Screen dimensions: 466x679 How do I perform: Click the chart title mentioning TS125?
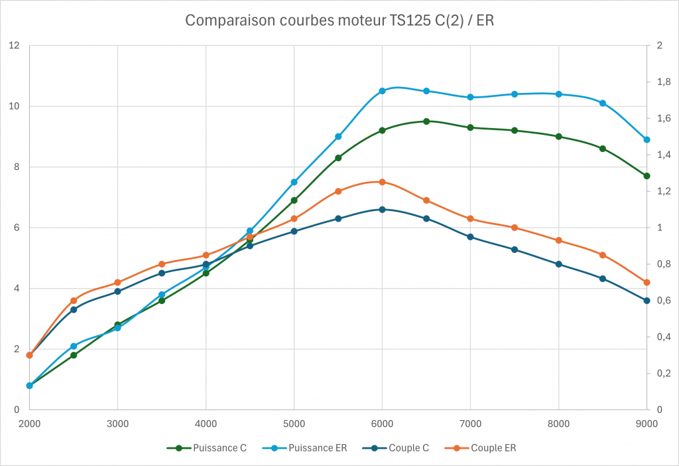point(339,21)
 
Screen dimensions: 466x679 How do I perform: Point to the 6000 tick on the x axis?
point(382,423)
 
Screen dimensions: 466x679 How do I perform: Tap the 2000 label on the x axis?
point(29,423)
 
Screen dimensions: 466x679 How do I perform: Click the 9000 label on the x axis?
point(647,423)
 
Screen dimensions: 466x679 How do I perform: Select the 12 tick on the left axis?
point(14,46)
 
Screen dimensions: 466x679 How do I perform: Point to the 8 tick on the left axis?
point(17,167)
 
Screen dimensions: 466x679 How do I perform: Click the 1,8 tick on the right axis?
point(662,82)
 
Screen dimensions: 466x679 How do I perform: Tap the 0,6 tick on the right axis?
point(662,301)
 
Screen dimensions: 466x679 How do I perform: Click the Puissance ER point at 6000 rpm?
point(382,91)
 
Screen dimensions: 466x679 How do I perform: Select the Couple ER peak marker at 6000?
point(382,182)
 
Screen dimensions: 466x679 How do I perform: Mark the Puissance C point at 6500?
point(426,121)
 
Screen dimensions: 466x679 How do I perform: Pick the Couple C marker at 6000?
point(382,209)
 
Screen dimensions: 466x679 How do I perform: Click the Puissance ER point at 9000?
point(647,139)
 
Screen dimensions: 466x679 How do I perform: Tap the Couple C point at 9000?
point(647,301)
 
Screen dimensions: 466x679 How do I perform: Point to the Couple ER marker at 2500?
point(74,301)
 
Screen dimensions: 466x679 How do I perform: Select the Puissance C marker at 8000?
point(558,137)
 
